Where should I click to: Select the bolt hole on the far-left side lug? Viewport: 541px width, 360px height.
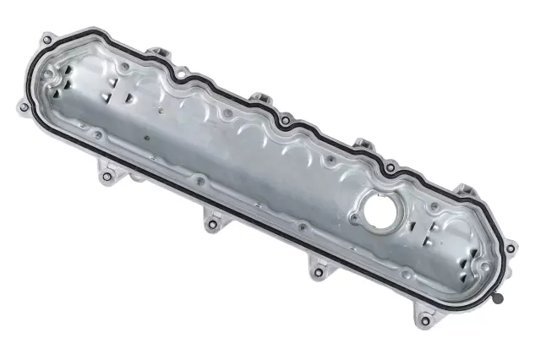22,106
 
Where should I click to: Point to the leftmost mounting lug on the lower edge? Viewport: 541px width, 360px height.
109,177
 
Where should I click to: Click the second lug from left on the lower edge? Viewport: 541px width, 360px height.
211,224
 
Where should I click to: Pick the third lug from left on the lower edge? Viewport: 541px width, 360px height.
319,272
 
